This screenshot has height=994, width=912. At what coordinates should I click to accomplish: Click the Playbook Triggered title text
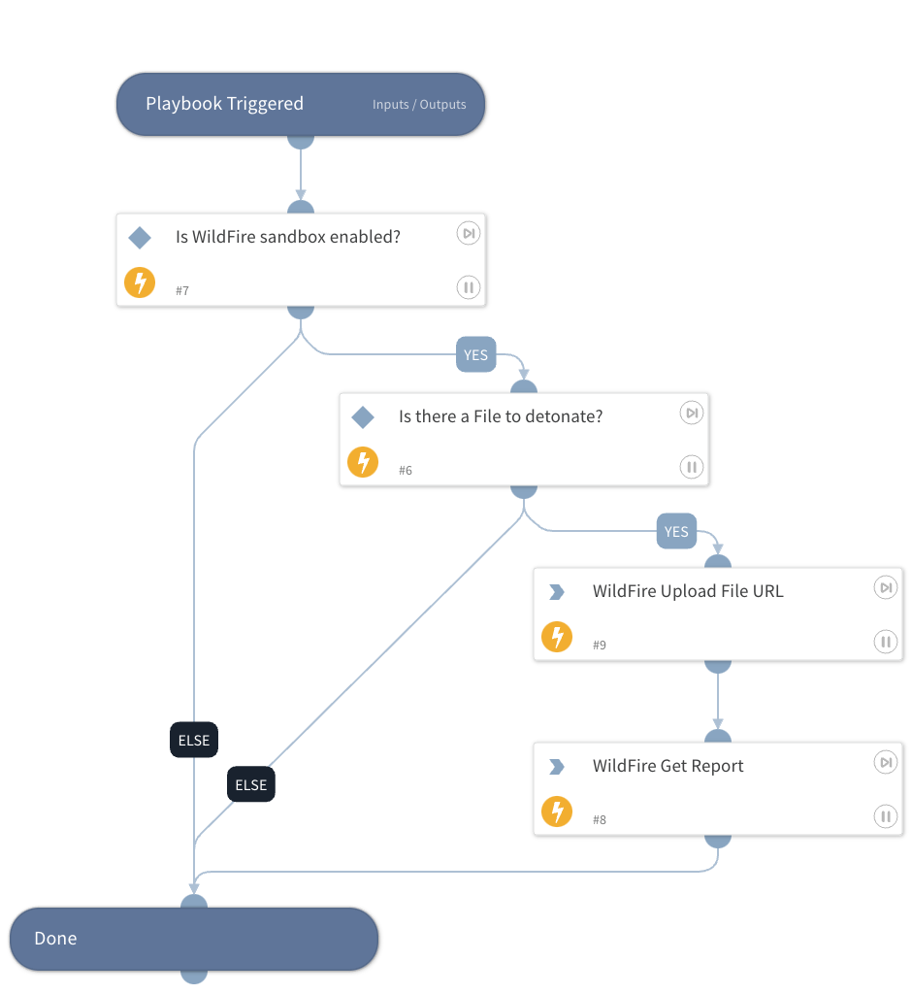tap(224, 104)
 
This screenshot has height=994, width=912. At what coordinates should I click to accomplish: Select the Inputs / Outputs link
tap(419, 105)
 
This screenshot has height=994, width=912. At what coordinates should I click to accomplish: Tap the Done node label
tap(55, 939)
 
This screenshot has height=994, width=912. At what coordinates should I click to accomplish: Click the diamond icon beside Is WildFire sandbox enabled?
tap(140, 238)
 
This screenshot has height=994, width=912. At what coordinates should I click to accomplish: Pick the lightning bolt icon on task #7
tap(140, 283)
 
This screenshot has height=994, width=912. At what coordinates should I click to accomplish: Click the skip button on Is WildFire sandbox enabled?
tap(469, 233)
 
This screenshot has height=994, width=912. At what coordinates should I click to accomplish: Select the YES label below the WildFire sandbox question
tap(475, 355)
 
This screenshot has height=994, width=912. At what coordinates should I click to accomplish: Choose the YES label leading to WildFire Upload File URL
tap(676, 532)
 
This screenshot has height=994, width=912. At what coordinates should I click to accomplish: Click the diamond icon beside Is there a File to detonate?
tap(363, 417)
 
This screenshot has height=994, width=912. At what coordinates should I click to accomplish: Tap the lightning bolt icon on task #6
tap(363, 462)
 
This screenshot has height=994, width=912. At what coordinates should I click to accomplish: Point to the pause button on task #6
tap(692, 467)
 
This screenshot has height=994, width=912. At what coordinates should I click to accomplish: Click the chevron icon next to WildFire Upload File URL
tap(557, 592)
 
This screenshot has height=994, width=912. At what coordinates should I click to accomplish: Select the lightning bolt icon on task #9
tap(557, 637)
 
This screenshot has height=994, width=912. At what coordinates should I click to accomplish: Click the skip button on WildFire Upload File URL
tap(886, 587)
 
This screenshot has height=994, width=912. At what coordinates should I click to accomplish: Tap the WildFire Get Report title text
tap(668, 766)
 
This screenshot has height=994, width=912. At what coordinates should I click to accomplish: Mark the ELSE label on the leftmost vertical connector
tap(194, 741)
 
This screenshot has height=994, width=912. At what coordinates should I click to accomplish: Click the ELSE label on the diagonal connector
tap(251, 785)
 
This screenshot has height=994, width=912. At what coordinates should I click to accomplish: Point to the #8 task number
tap(600, 820)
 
